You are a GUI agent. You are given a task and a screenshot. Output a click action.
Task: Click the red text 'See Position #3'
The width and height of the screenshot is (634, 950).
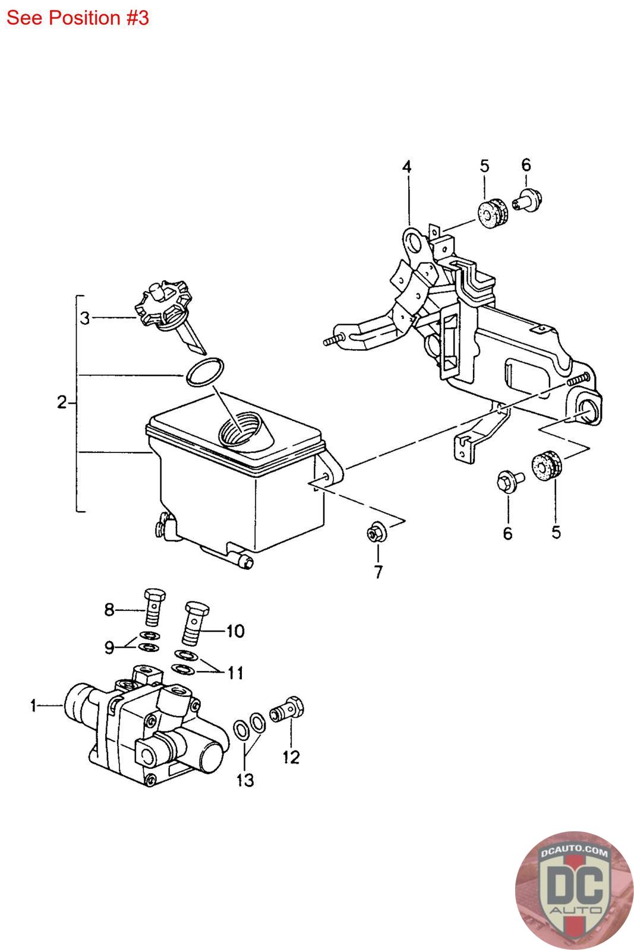pyautogui.click(x=77, y=18)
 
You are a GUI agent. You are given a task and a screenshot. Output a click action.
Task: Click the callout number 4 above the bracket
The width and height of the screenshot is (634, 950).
pyautogui.click(x=406, y=167)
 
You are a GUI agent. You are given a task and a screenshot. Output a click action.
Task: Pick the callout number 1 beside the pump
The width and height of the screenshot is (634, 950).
pyautogui.click(x=33, y=705)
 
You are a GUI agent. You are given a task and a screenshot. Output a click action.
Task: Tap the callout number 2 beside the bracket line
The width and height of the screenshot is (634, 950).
pyautogui.click(x=62, y=403)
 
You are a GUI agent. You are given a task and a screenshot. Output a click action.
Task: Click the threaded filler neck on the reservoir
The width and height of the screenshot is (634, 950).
pyautogui.click(x=242, y=429)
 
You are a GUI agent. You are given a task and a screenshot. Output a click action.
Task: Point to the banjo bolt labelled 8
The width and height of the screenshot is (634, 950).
pyautogui.click(x=154, y=607)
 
